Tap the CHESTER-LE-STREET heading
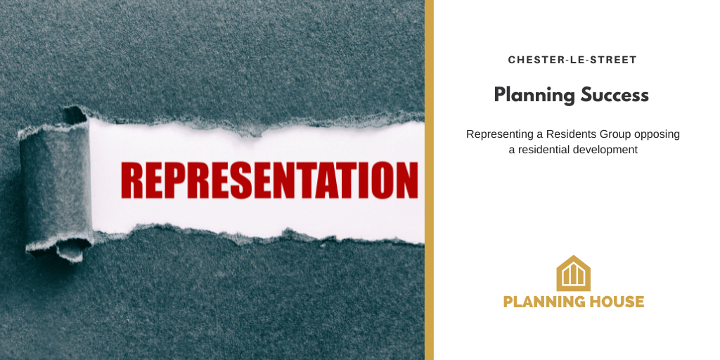click(572, 60)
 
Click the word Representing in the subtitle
click(497, 134)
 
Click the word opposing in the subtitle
click(657, 134)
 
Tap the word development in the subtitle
click(605, 149)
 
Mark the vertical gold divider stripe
click(429, 180)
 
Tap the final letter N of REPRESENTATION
click(406, 181)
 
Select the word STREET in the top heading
click(616, 60)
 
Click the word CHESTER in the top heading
click(532, 60)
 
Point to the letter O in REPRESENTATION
click(380, 181)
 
